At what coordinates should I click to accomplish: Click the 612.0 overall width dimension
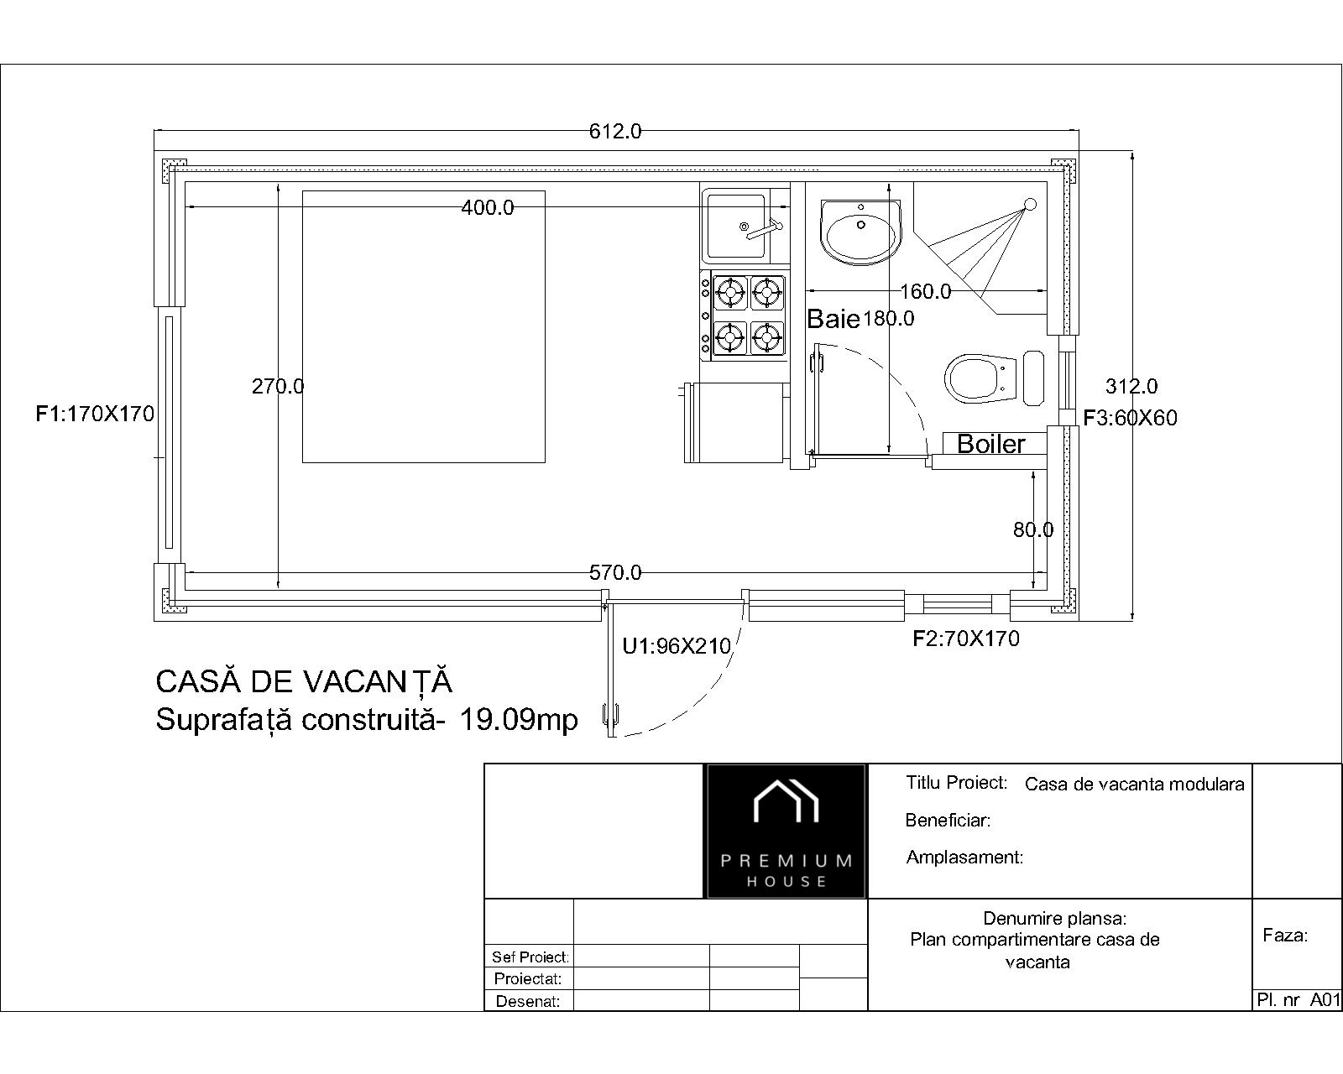615,132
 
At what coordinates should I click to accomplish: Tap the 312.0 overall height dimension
1131,386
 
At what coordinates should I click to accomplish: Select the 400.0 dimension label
488,207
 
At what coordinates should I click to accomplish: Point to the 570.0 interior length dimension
615,572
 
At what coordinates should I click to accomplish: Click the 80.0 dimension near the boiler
1032,529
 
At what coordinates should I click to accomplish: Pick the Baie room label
833,319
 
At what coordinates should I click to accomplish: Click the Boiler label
990,444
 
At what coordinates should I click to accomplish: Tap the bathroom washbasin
860,232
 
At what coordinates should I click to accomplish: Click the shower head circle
1031,204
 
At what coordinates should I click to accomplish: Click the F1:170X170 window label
95,414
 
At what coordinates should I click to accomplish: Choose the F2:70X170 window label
966,639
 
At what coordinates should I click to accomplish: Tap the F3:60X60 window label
1130,418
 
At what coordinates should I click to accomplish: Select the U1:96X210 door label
677,646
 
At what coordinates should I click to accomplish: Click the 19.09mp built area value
519,720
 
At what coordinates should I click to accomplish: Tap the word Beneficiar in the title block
948,820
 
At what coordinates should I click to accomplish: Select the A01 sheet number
1325,999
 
